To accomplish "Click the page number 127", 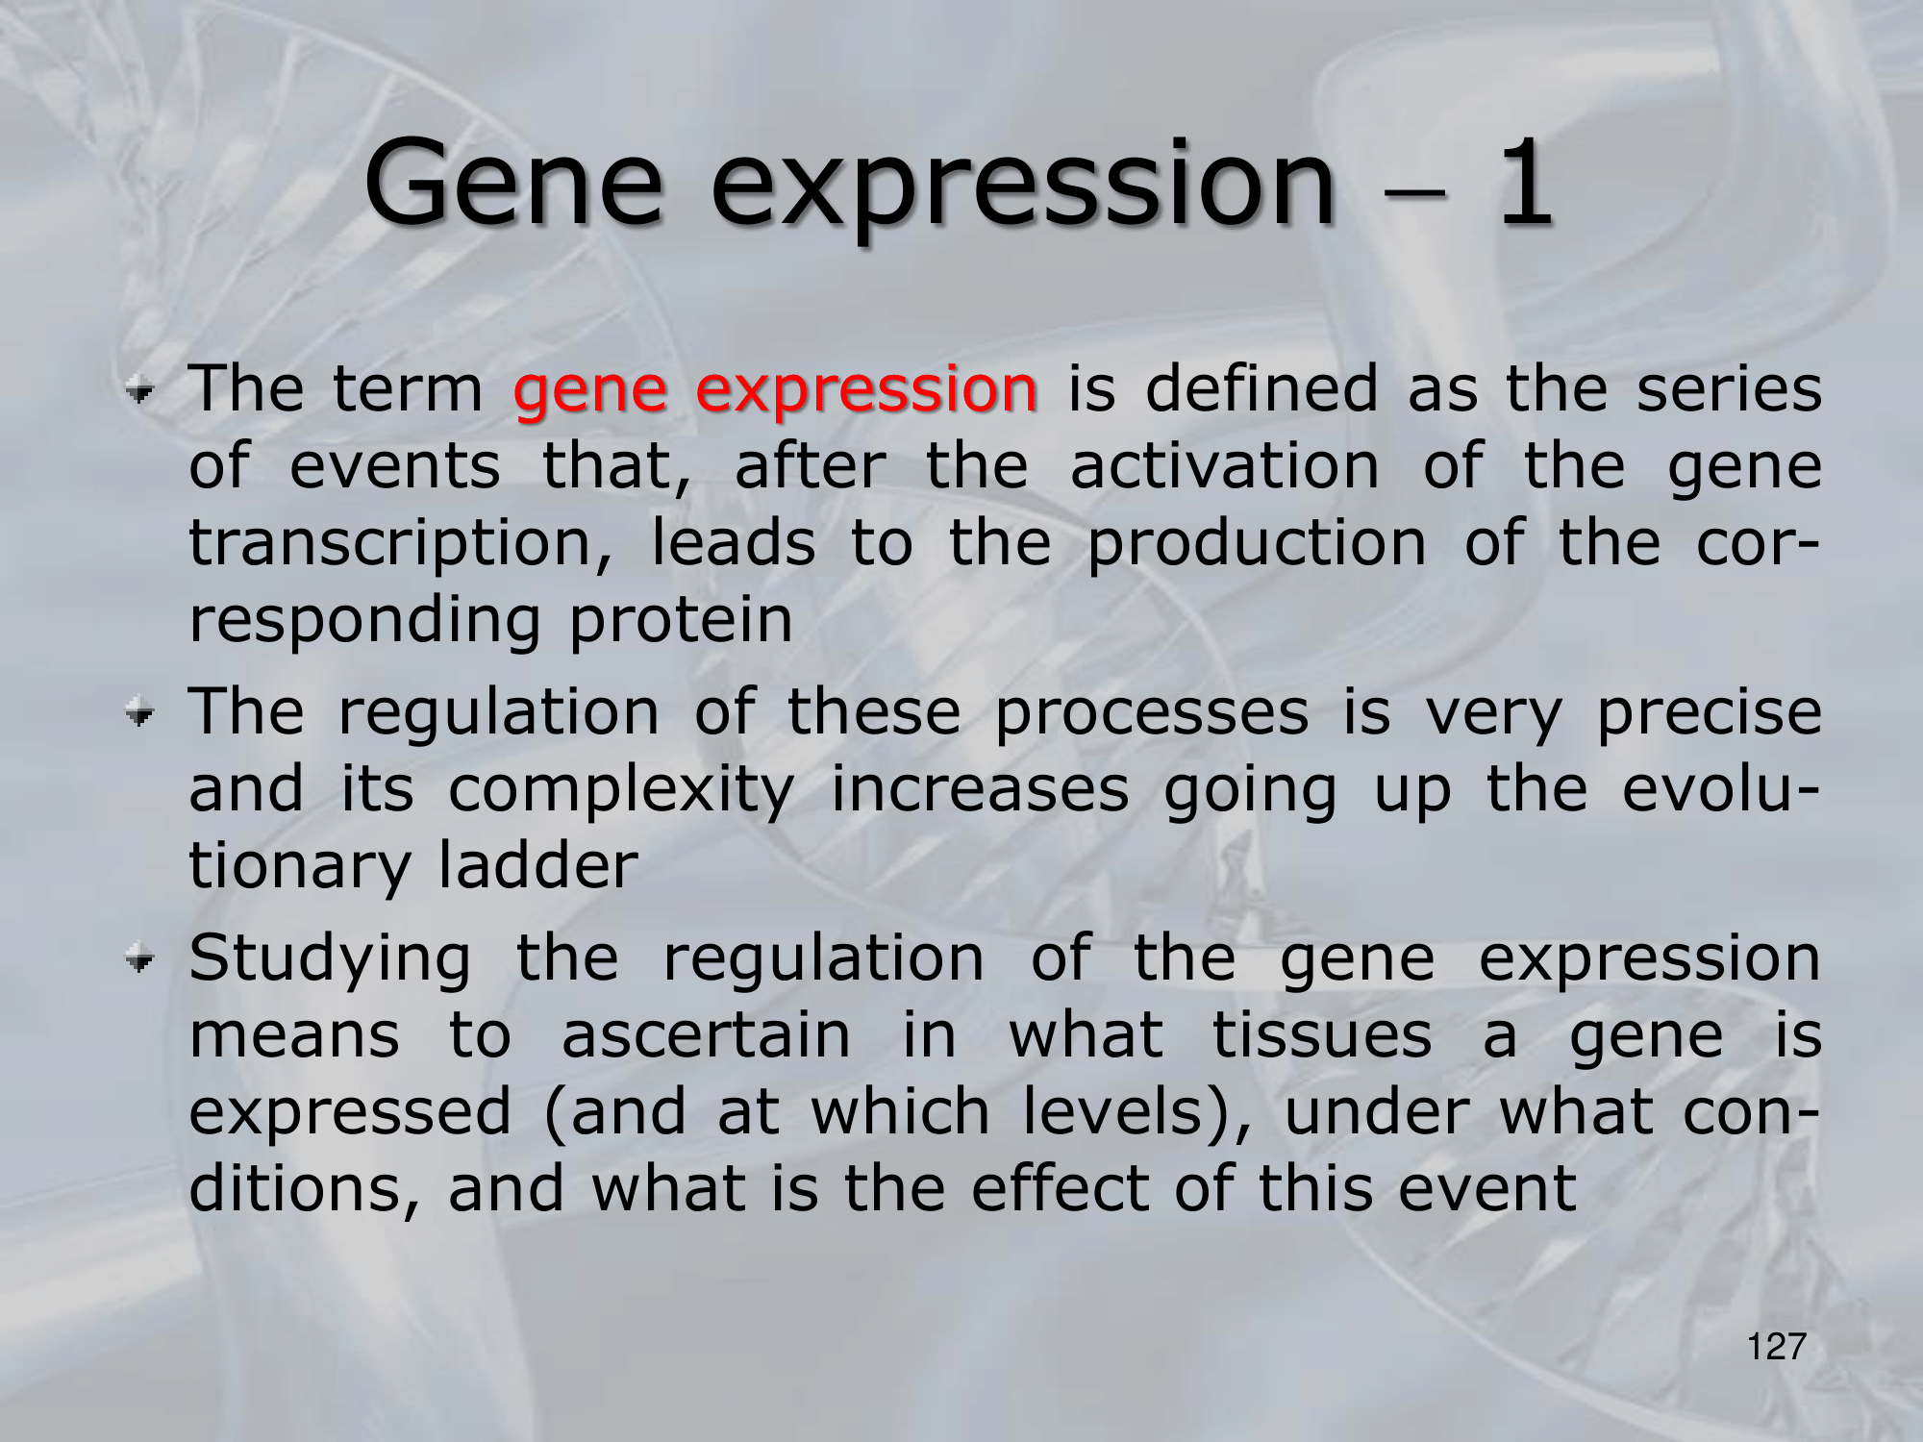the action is pos(1776,1347).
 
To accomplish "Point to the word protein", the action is pos(681,621).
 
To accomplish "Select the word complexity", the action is pos(620,791).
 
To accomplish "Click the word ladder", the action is pos(538,864).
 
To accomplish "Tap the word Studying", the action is pos(330,961).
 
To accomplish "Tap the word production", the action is pos(1257,545).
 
